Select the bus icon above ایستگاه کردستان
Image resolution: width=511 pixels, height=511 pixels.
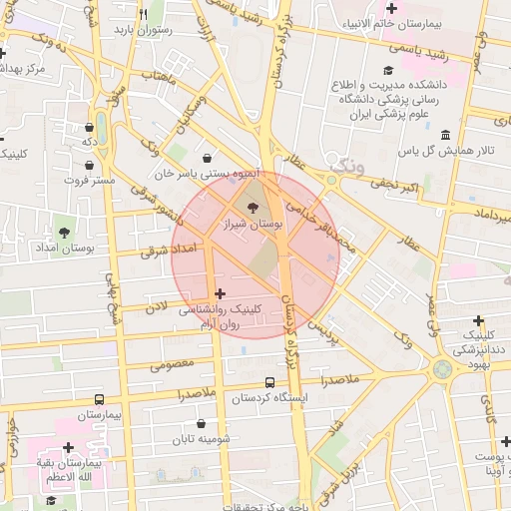coord(269,382)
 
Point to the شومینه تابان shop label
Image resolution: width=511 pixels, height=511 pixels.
coord(201,439)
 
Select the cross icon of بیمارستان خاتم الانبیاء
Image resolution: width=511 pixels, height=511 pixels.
coord(390,9)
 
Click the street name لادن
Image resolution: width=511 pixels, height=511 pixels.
coord(155,311)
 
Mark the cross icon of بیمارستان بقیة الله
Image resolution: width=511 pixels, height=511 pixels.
coord(68,447)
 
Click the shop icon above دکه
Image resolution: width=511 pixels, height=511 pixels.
coord(99,127)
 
